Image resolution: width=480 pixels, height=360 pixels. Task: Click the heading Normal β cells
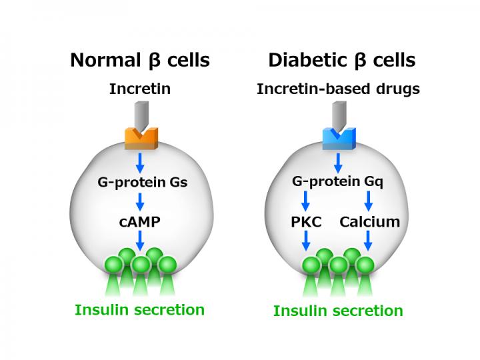(140, 61)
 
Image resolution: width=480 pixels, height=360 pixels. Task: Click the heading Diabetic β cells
(341, 61)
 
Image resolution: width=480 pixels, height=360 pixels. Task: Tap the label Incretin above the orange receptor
(140, 89)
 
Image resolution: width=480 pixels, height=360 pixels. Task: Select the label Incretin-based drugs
(338, 89)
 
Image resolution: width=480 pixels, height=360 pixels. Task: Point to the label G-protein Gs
(140, 181)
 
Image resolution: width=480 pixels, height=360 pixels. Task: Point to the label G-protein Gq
(338, 181)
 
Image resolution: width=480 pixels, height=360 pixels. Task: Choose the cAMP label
(140, 221)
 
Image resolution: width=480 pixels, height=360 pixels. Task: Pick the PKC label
(307, 221)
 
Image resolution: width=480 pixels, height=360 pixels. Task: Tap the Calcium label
(369, 221)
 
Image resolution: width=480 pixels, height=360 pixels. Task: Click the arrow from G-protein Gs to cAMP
(140, 201)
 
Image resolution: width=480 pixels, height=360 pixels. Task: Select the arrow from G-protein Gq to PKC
(306, 201)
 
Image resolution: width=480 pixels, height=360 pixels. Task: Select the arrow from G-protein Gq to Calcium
(368, 201)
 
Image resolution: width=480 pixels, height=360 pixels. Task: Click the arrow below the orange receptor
(140, 161)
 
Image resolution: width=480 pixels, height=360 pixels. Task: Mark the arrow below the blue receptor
(338, 161)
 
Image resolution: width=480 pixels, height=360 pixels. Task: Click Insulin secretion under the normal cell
(140, 309)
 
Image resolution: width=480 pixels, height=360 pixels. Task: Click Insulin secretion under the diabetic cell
(338, 311)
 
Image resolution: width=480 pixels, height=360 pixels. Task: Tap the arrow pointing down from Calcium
(368, 240)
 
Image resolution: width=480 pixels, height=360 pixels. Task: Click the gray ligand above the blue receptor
(338, 115)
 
